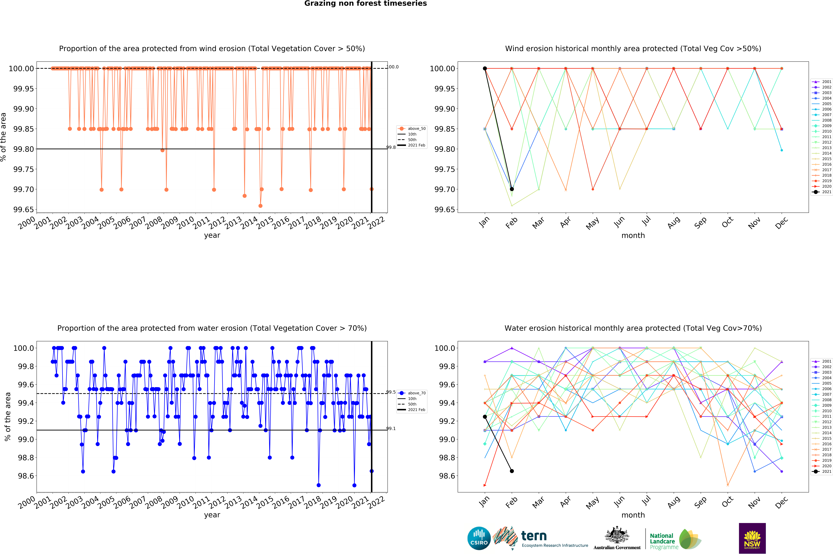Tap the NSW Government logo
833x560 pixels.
click(752, 538)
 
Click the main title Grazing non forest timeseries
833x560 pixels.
click(365, 4)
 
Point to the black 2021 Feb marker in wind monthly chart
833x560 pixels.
click(512, 189)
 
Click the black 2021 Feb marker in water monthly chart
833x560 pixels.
click(512, 471)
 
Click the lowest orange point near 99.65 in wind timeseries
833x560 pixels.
click(260, 206)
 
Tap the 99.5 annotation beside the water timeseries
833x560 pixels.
click(391, 392)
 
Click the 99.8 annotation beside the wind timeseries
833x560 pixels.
click(391, 147)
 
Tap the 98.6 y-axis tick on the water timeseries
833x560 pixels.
click(26, 476)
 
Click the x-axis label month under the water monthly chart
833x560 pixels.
click(633, 515)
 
